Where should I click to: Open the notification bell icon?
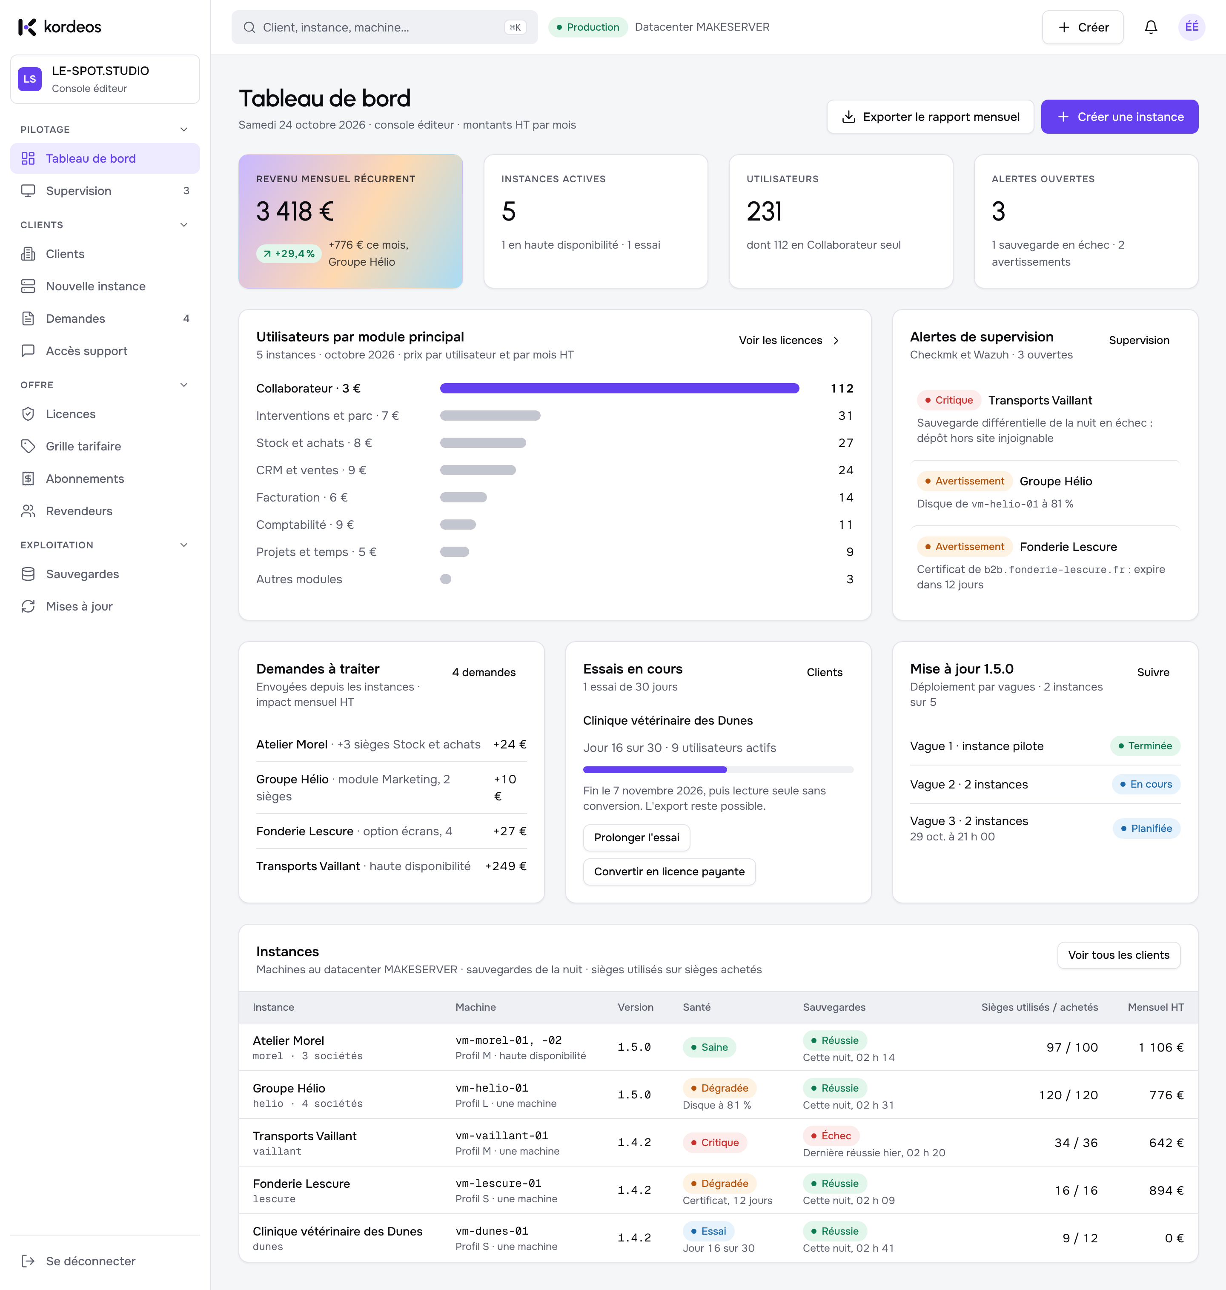[1151, 27]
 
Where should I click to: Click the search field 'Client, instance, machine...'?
[384, 27]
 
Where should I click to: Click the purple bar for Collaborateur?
[619, 389]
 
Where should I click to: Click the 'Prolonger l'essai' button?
[636, 838]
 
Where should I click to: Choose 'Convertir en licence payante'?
[669, 872]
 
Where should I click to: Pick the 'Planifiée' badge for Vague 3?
[1146, 828]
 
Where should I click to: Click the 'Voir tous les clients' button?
[1119, 955]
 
